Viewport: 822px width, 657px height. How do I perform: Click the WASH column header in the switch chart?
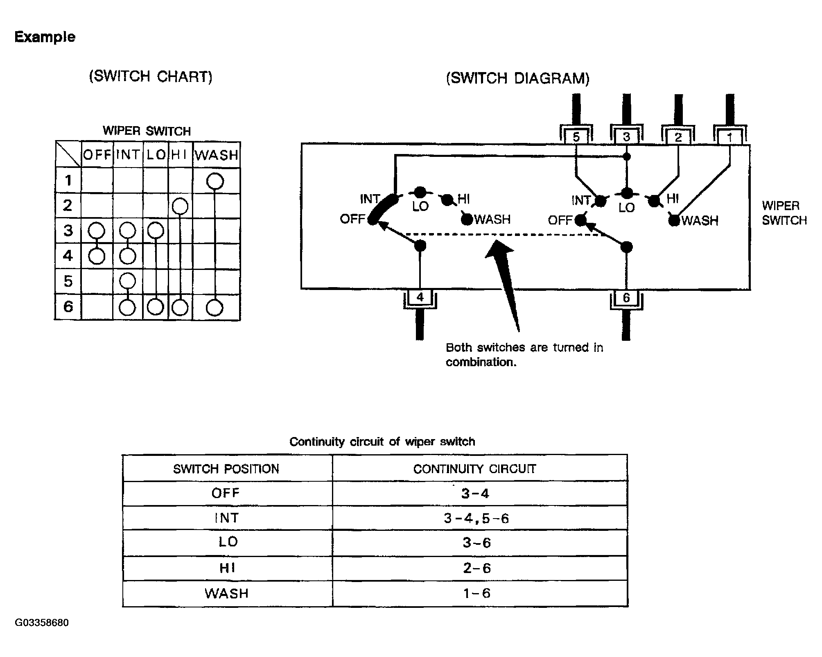(217, 155)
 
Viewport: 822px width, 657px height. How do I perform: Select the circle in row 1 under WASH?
(215, 181)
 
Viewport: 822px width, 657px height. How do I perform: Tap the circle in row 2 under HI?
(180, 206)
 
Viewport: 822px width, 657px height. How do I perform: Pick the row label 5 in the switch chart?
(68, 281)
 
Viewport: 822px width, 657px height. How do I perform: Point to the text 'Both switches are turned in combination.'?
(524, 355)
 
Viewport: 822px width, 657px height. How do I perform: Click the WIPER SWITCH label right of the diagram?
(784, 213)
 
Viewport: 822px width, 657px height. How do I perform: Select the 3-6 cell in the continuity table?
(476, 543)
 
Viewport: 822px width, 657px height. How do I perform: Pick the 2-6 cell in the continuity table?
(476, 568)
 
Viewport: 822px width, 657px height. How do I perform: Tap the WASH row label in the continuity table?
(227, 594)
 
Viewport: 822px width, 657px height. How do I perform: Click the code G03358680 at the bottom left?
(42, 623)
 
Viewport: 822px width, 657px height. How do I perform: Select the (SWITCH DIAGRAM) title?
(517, 78)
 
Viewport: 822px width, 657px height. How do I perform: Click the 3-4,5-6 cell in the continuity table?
(476, 519)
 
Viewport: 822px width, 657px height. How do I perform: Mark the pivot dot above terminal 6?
(626, 247)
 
